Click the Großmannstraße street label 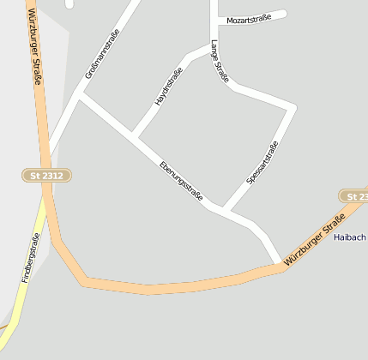pyautogui.click(x=102, y=54)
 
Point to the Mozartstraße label pyautogui.click(x=249, y=18)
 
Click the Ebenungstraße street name pyautogui.click(x=180, y=182)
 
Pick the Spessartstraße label pyautogui.click(x=262, y=162)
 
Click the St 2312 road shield pyautogui.click(x=46, y=175)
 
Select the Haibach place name pyautogui.click(x=350, y=237)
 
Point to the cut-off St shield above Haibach pyautogui.click(x=354, y=196)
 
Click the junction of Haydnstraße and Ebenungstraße pyautogui.click(x=134, y=136)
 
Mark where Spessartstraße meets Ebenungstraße pyautogui.click(x=223, y=209)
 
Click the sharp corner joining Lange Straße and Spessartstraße pyautogui.click(x=293, y=107)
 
